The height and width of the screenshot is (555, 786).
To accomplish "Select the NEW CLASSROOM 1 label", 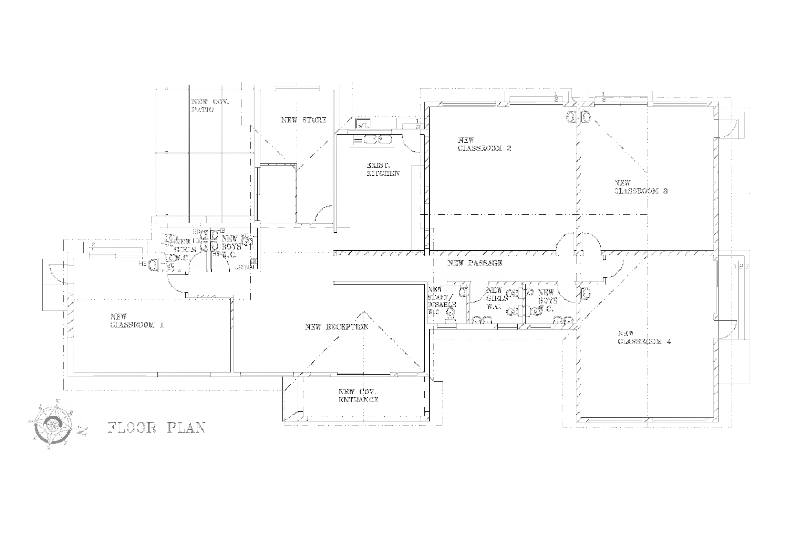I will pos(137,321).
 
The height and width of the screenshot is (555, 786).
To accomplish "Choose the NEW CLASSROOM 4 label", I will pos(644,337).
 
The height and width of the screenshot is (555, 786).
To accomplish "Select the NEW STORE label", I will pos(304,120).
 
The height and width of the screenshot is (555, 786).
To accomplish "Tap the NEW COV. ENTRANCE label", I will pos(358,396).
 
